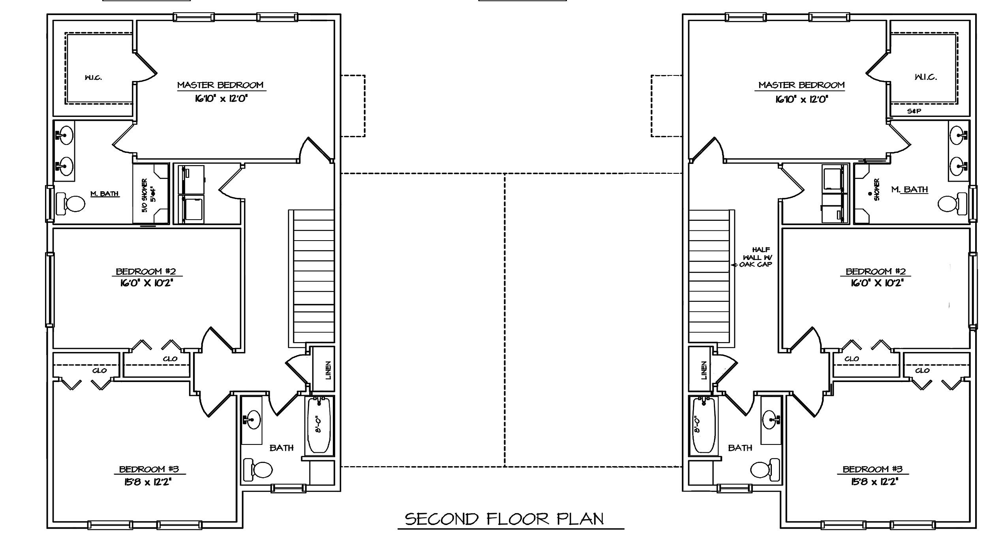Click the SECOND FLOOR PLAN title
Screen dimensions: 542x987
504,519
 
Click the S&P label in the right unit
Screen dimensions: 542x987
914,111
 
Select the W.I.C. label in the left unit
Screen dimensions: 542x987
93,77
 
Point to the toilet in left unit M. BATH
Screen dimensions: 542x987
71,204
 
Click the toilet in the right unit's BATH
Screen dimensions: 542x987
765,469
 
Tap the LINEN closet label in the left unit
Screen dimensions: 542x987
328,370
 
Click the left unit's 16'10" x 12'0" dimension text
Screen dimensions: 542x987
221,98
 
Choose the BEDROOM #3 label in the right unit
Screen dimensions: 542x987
873,469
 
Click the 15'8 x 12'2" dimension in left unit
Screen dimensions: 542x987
146,482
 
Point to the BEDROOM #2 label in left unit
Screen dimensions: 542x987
146,271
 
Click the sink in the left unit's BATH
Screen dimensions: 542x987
252,419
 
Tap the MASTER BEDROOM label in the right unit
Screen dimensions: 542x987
801,85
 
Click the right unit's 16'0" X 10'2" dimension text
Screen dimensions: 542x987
877,283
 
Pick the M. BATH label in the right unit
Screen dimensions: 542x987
909,190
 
